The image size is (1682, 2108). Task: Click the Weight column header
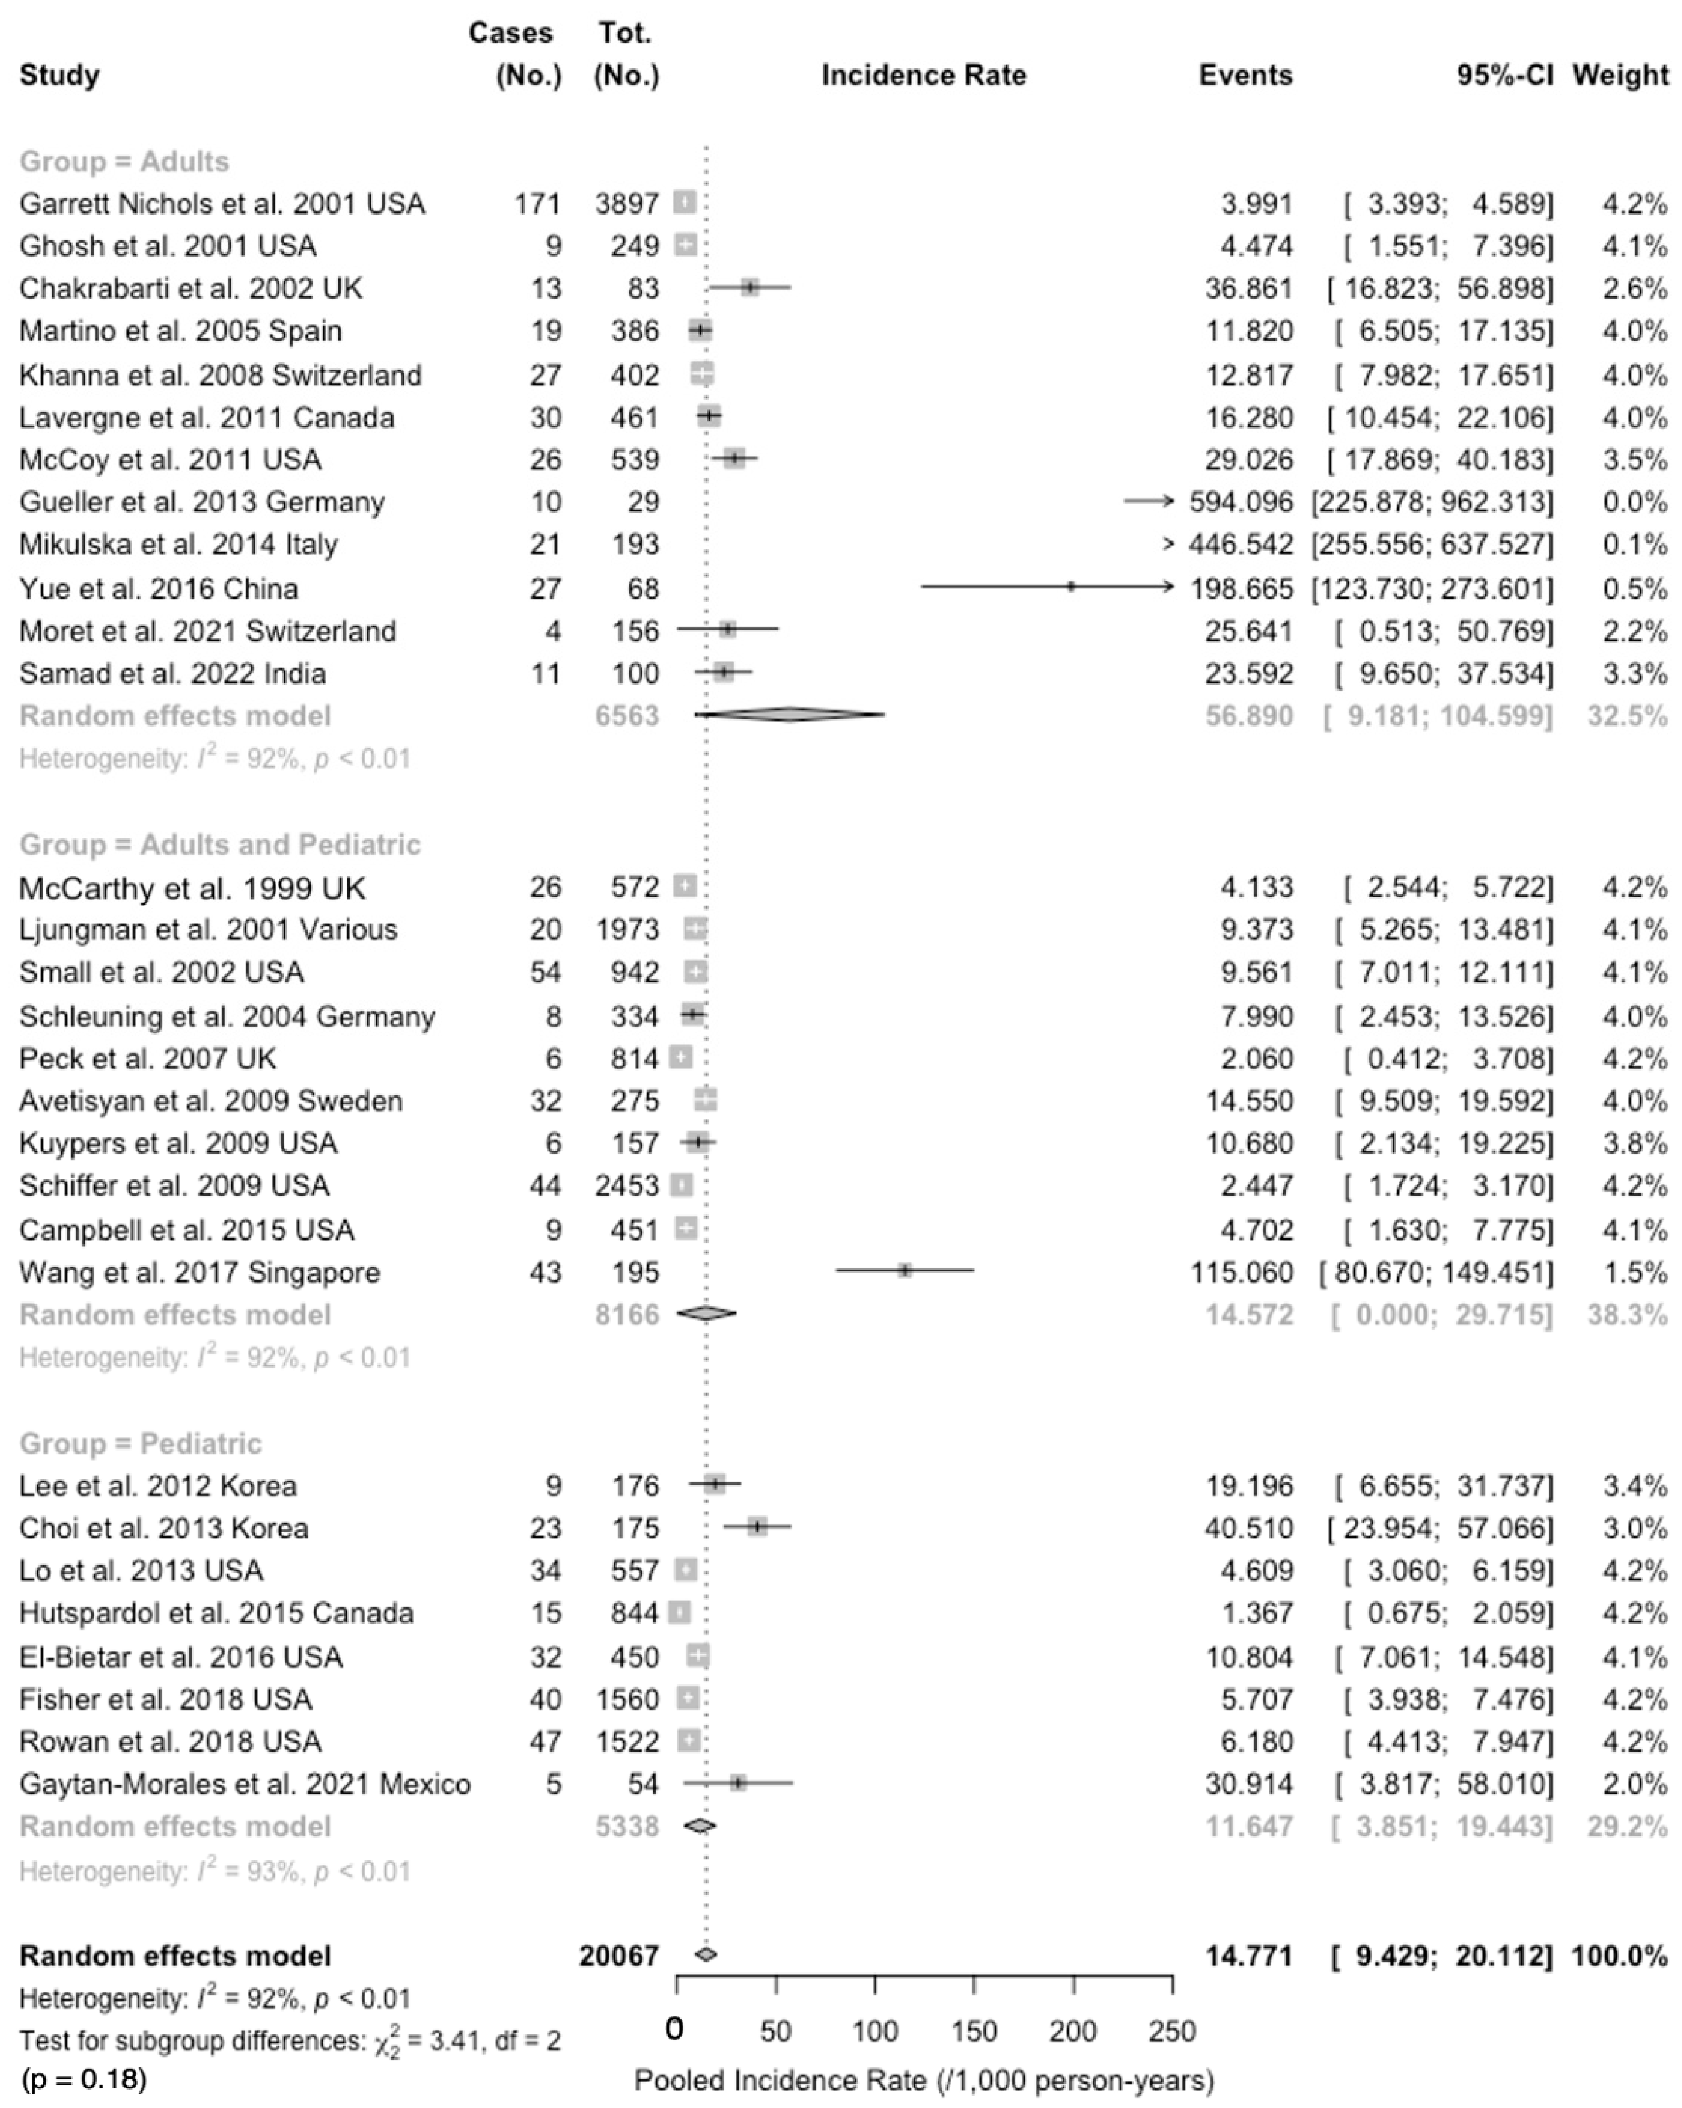1619,75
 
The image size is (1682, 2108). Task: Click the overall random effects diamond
706,1955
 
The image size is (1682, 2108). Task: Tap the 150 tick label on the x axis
973,2031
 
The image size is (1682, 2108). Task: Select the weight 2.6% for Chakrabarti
1634,289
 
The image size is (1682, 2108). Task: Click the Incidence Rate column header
924,75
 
